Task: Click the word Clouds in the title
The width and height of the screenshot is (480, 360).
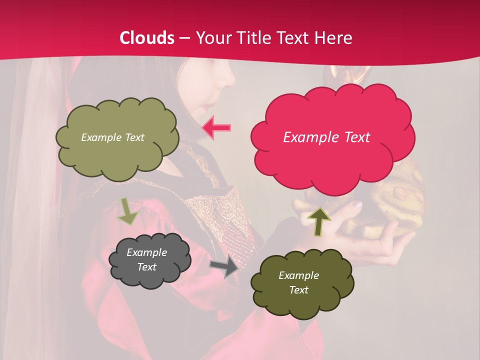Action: click(147, 38)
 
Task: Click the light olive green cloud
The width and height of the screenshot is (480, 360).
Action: click(117, 155)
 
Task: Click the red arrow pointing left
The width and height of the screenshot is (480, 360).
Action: click(216, 128)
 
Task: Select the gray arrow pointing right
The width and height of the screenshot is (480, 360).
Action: click(225, 267)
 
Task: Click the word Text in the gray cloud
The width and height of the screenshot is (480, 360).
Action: click(147, 267)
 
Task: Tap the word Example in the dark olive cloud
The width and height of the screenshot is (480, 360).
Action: click(298, 275)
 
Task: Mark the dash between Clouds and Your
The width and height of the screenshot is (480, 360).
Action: click(184, 38)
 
